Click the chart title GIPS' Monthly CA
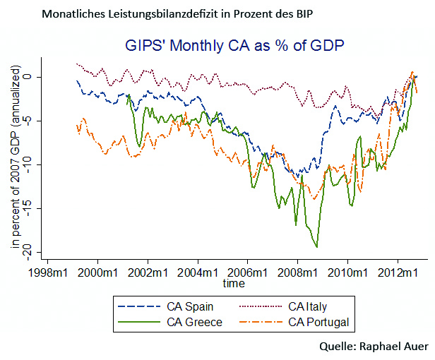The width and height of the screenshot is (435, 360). (x=235, y=46)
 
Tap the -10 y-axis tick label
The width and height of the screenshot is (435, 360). (x=27, y=164)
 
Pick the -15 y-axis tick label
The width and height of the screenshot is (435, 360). (x=27, y=208)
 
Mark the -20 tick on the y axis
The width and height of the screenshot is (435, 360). (x=27, y=252)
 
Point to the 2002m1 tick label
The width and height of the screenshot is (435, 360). (x=148, y=272)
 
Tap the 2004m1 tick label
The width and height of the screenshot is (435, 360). (x=198, y=272)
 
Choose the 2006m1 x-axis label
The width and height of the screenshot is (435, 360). (x=248, y=272)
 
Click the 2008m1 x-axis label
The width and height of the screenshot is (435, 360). (x=297, y=272)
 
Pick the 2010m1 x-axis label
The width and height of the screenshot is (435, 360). (x=347, y=272)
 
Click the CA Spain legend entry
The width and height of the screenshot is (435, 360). (x=190, y=306)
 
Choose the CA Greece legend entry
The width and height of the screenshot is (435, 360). (x=194, y=323)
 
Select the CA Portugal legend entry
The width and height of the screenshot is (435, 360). (x=318, y=323)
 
